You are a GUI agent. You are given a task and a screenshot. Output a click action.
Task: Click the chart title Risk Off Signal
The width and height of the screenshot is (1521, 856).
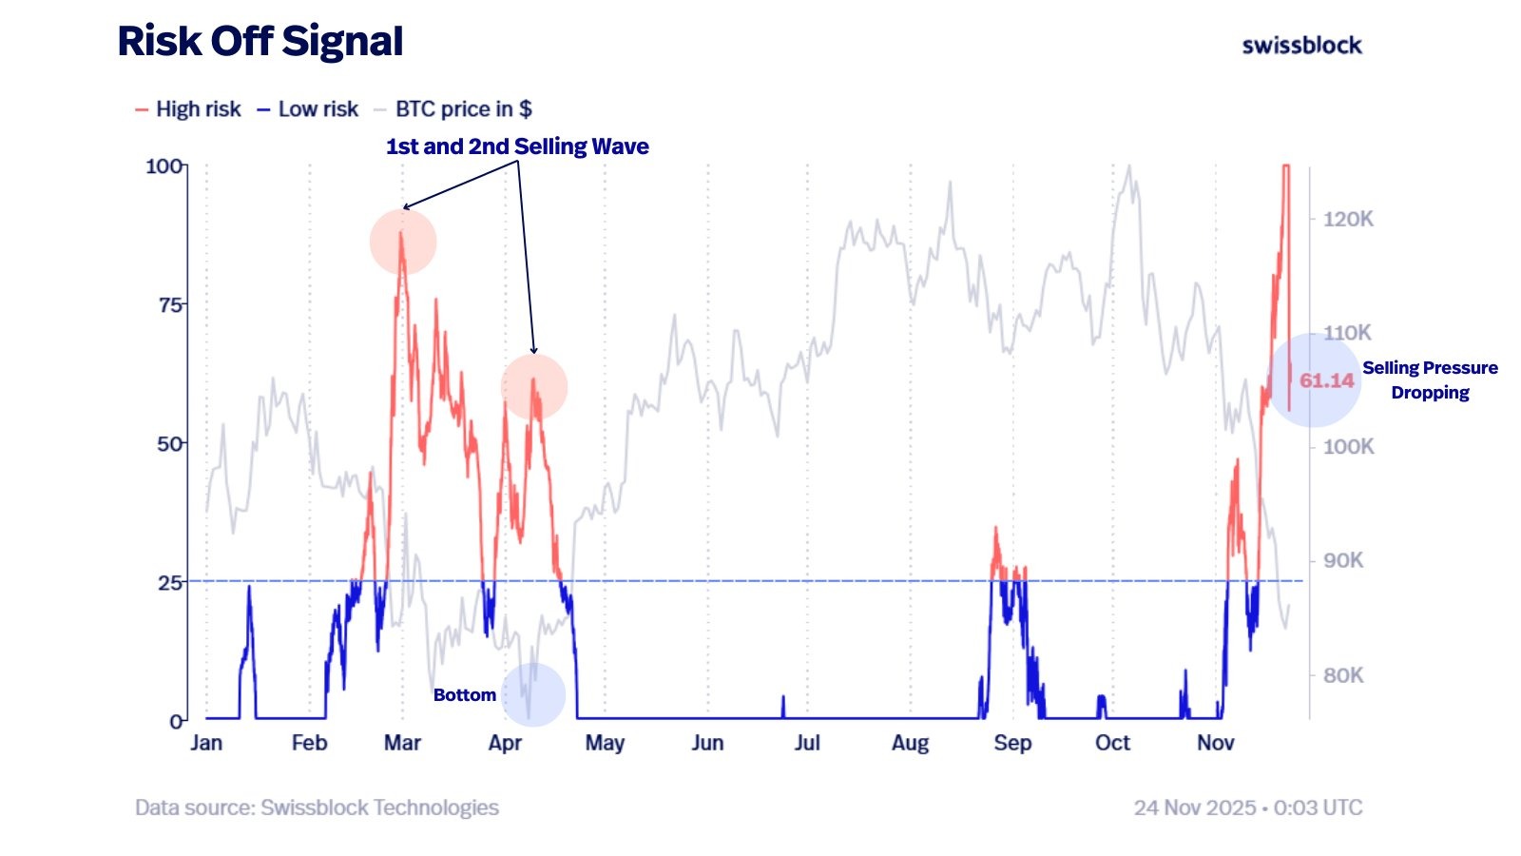click(x=260, y=42)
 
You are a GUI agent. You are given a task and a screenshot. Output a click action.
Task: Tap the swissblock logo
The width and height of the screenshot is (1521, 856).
click(x=1301, y=45)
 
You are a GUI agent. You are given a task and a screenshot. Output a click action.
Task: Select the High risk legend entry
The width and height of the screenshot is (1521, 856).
click(x=188, y=109)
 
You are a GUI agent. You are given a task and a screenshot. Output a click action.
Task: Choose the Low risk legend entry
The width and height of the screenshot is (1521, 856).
click(x=308, y=109)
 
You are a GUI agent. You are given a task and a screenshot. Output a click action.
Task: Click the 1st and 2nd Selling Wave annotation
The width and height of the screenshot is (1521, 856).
click(x=517, y=146)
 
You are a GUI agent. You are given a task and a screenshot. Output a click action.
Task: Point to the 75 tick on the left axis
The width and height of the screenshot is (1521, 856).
click(x=169, y=304)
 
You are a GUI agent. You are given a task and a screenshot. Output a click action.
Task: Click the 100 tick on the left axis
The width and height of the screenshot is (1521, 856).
click(x=164, y=166)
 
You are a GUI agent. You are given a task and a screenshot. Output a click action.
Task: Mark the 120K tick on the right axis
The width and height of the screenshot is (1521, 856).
click(x=1348, y=219)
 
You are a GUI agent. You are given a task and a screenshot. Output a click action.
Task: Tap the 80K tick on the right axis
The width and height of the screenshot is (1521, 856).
click(x=1343, y=675)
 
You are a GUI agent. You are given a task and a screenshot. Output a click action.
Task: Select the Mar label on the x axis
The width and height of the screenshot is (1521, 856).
click(x=402, y=743)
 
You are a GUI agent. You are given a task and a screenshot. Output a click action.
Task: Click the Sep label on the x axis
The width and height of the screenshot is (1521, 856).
click(x=1012, y=743)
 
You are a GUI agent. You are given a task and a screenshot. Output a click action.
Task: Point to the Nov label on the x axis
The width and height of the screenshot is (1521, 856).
click(x=1215, y=743)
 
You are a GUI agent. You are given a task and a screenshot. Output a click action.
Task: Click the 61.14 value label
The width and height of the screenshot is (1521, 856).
click(x=1326, y=381)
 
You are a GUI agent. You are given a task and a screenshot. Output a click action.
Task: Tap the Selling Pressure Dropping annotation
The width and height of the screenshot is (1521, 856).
click(x=1430, y=380)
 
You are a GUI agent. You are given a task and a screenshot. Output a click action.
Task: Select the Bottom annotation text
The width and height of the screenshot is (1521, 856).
click(x=464, y=695)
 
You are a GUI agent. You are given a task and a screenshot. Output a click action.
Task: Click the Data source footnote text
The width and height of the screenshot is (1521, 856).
click(x=317, y=807)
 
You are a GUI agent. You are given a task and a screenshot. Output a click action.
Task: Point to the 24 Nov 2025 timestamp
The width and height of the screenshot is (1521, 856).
click(x=1247, y=807)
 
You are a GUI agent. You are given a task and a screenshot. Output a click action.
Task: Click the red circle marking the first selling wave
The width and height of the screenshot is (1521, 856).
click(x=403, y=242)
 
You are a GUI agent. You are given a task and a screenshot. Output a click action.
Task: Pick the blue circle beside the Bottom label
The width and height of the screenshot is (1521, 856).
click(x=533, y=694)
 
